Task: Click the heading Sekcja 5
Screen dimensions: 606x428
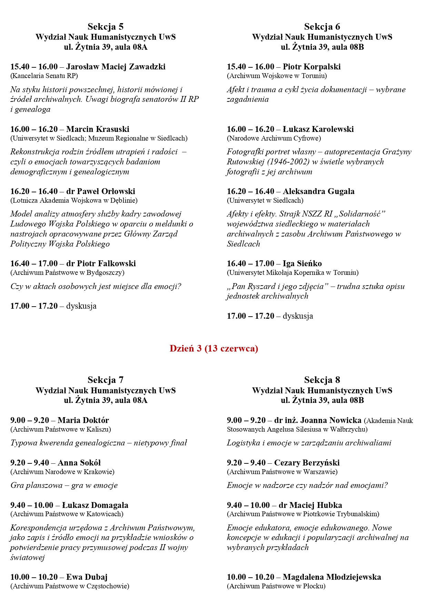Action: tap(106, 27)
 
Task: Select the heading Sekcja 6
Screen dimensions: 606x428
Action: tap(322, 27)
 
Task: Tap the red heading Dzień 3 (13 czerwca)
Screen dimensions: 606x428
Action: tap(214, 348)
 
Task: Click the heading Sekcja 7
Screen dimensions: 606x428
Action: tap(106, 380)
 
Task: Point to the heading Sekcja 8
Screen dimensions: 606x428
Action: tap(322, 380)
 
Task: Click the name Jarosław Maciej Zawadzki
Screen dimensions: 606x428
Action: tap(116, 67)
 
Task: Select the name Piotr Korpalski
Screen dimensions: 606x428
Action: tap(311, 67)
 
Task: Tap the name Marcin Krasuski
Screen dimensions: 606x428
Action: tap(98, 129)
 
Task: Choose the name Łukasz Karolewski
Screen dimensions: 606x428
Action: tap(318, 129)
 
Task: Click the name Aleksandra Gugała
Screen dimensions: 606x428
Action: tap(318, 191)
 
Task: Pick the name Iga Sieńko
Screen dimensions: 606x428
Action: tap(302, 263)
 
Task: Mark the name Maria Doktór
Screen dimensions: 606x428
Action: tap(83, 420)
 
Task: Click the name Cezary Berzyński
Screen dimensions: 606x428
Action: tap(307, 463)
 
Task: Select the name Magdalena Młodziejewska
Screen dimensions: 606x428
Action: tap(332, 577)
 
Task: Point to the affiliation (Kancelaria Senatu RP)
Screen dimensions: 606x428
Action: tap(44, 76)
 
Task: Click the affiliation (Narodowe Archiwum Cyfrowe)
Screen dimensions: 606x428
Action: tap(274, 138)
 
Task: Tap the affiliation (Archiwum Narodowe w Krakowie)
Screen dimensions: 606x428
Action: tap(62, 472)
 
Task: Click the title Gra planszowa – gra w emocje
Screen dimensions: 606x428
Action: tap(64, 485)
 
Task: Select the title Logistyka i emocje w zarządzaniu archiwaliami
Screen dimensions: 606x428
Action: tap(309, 443)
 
